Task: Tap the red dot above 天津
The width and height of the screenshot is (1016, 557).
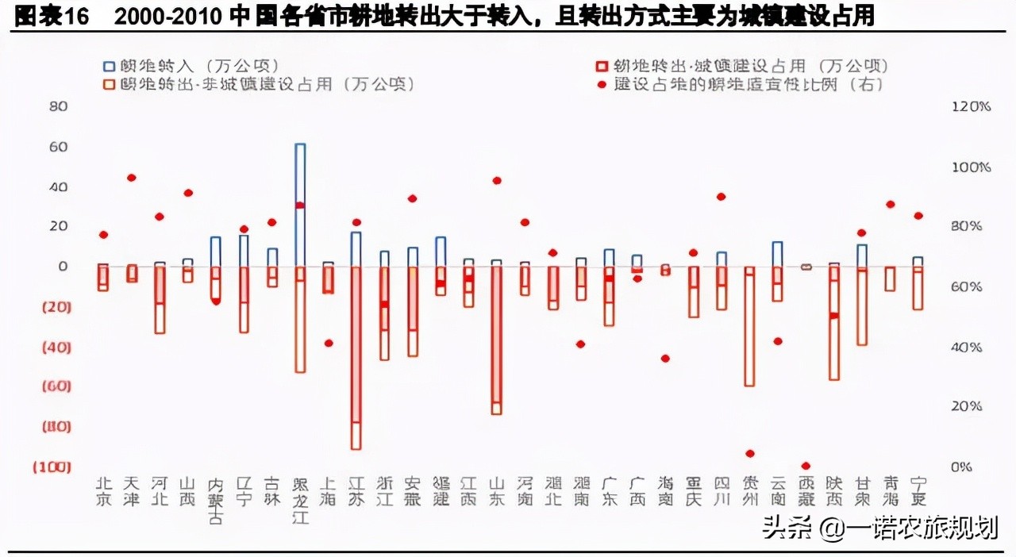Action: [132, 178]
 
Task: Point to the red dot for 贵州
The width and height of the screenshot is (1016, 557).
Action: [749, 454]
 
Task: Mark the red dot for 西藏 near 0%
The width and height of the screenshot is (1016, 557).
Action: [806, 466]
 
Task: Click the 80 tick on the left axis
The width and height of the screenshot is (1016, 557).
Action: [59, 106]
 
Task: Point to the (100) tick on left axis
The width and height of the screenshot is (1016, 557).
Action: [52, 467]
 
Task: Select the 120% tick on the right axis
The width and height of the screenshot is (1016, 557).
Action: [971, 106]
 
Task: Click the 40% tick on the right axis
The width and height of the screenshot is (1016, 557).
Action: [966, 348]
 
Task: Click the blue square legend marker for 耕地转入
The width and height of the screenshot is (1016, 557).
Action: [108, 66]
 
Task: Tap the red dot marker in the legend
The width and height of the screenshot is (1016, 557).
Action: [602, 84]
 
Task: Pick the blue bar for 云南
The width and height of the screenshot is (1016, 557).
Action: [777, 254]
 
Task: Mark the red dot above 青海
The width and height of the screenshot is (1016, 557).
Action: [890, 204]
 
